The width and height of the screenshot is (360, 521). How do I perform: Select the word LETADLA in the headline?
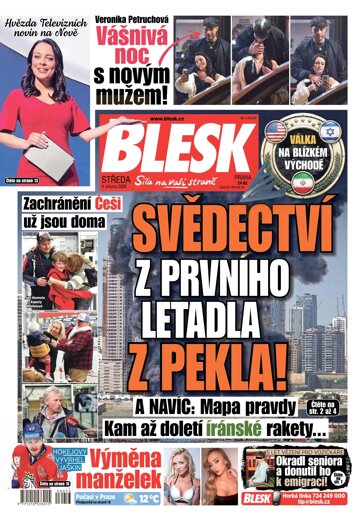[200, 318]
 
